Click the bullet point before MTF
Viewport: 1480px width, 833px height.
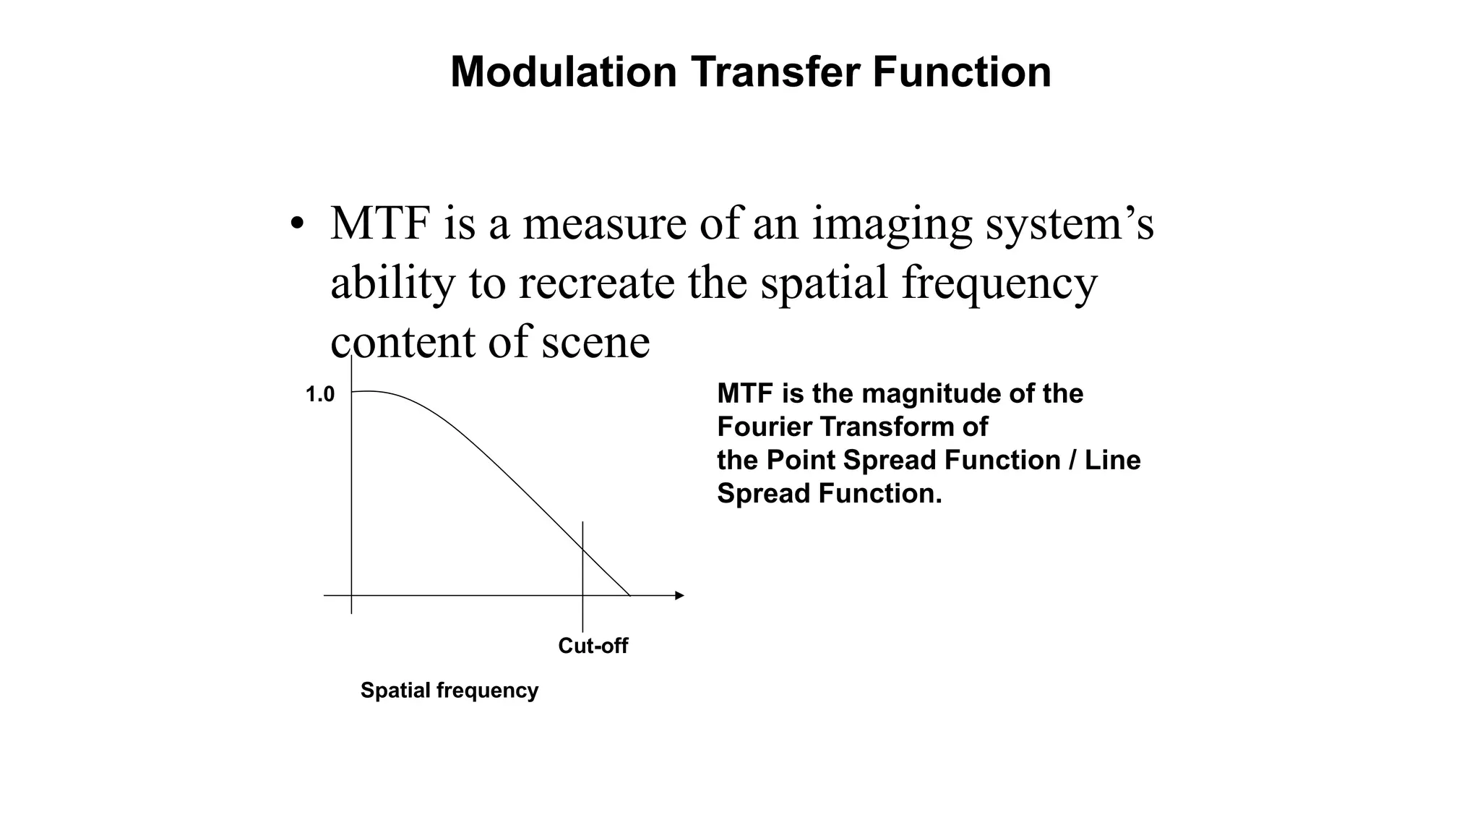(x=296, y=223)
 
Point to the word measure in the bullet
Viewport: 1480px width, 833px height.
(x=604, y=223)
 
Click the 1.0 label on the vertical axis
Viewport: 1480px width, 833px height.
(x=320, y=395)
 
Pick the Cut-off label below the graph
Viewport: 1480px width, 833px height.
(x=593, y=646)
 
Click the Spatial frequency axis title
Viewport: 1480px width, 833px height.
(x=449, y=691)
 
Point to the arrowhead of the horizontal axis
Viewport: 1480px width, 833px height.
(x=679, y=596)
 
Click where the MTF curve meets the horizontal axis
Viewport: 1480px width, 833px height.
(x=629, y=596)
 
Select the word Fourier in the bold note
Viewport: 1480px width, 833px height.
(x=764, y=427)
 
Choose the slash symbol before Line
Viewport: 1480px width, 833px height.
(x=1072, y=461)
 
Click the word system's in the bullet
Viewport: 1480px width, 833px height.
(x=1070, y=225)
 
